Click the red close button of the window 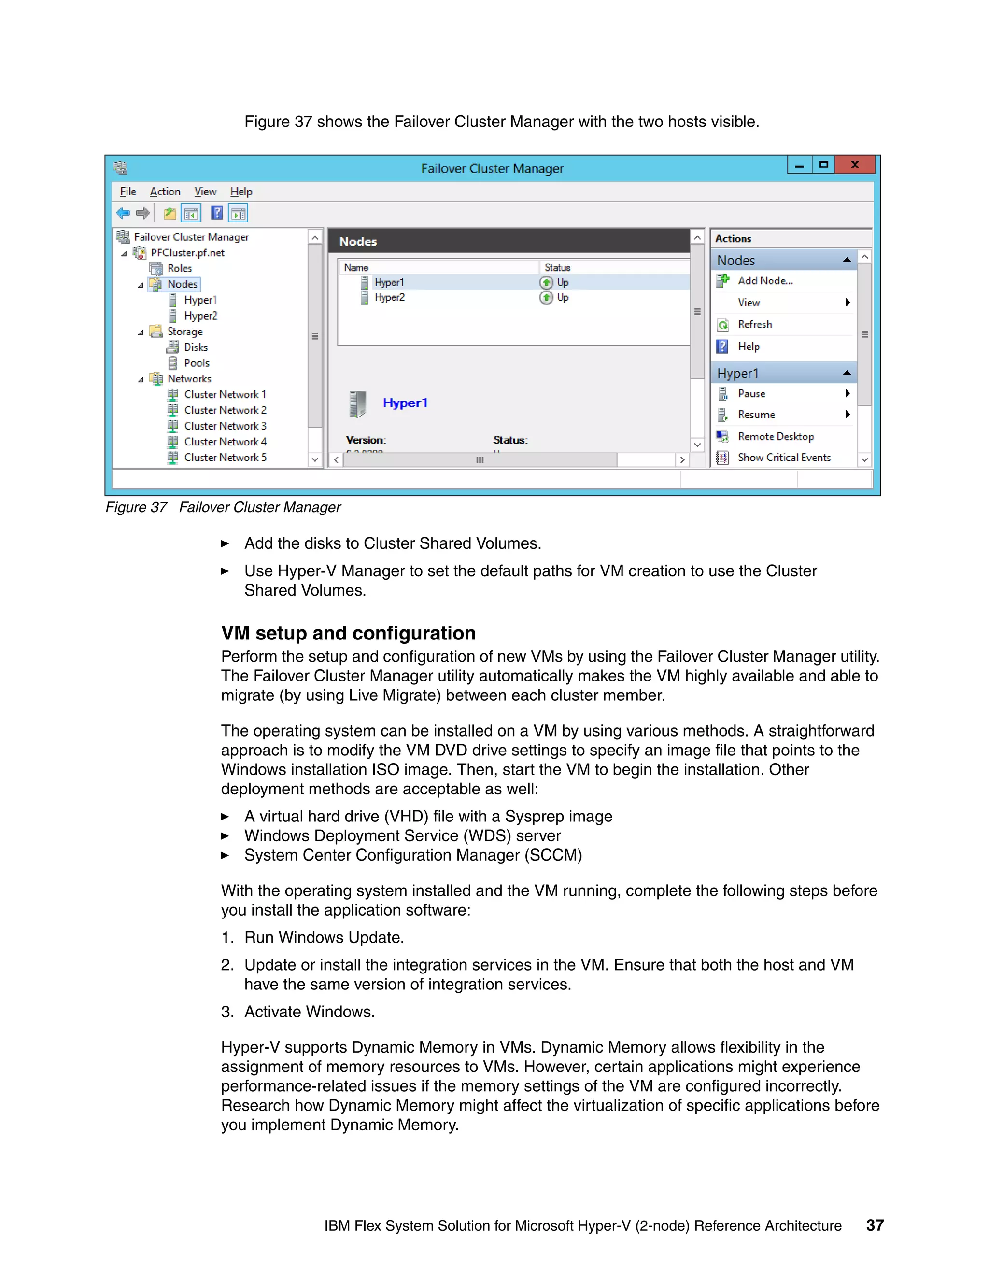[x=855, y=165]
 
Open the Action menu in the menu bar [x=165, y=192]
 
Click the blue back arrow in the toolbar [x=123, y=213]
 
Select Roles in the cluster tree [x=179, y=268]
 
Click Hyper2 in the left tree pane [x=200, y=316]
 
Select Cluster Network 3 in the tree [x=225, y=426]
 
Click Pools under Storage [x=196, y=363]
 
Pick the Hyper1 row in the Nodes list [x=389, y=282]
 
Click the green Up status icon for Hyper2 [x=546, y=297]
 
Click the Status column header [x=557, y=268]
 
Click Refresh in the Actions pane [x=755, y=324]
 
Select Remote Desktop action [x=775, y=436]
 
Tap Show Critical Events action [x=784, y=458]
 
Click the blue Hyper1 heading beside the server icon [x=405, y=403]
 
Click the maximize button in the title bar [x=823, y=165]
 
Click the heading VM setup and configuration [x=348, y=633]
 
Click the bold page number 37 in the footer [x=875, y=1225]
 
